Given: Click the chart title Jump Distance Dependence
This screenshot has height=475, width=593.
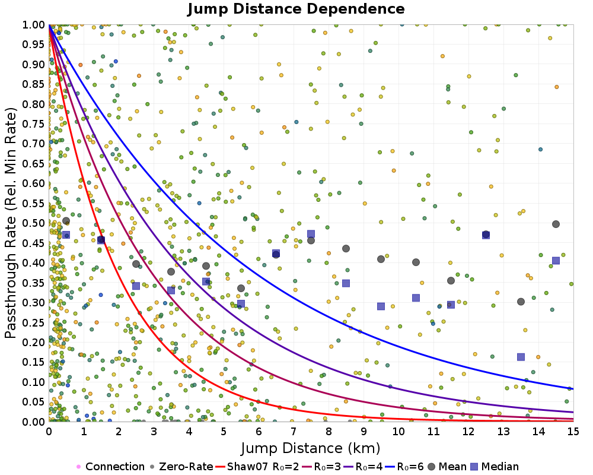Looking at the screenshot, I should click(x=296, y=9).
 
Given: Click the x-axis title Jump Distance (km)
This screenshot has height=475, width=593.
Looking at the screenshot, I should click(x=311, y=447).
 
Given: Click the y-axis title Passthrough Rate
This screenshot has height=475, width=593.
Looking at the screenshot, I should click(x=11, y=223).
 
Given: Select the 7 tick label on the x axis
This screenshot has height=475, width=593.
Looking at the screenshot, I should click(x=294, y=432).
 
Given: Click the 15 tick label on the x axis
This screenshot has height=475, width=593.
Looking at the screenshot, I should click(x=573, y=432).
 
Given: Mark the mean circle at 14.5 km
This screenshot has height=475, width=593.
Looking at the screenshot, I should click(x=556, y=224).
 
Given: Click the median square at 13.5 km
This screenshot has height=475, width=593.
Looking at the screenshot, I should click(x=521, y=357).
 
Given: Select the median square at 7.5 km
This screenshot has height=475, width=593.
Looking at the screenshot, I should click(x=311, y=234).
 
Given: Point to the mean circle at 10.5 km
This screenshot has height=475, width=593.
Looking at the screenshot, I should click(x=416, y=262).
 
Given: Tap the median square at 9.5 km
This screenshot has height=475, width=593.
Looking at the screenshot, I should click(x=381, y=306).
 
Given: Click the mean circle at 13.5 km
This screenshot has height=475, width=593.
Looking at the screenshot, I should click(x=521, y=302).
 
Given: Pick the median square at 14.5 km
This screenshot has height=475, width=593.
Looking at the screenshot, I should click(x=556, y=261).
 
